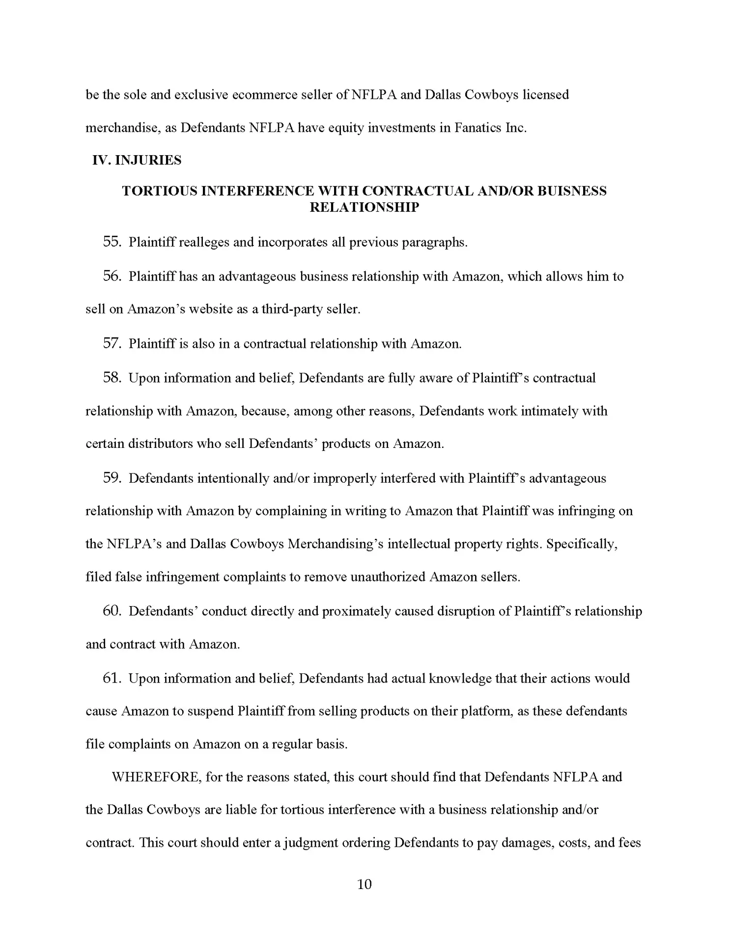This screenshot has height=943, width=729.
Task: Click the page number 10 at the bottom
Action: coord(364,884)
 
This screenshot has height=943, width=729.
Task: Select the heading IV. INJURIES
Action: coord(137,160)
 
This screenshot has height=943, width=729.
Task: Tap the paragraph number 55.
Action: coord(112,242)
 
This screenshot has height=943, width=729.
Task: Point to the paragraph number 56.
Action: coord(112,276)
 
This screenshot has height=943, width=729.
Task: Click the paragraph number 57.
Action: coord(112,343)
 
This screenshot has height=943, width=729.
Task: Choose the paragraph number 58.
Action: coord(112,378)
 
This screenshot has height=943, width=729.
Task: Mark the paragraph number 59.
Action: coord(112,478)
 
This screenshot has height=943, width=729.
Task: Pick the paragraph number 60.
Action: coord(112,611)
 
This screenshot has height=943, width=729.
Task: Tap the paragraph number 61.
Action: coord(112,678)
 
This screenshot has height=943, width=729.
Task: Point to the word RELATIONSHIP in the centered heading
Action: coord(364,207)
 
